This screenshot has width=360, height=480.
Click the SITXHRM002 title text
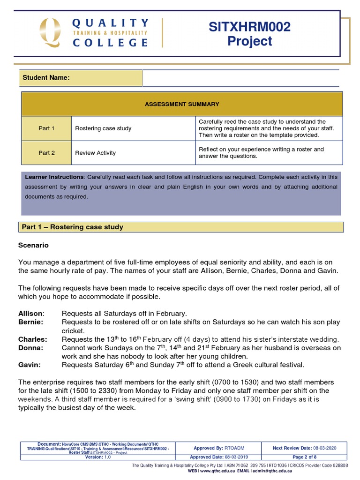click(x=249, y=27)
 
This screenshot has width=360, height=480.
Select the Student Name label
click(x=46, y=78)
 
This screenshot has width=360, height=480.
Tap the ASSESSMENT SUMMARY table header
click(x=181, y=104)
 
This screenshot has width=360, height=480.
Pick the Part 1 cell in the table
click(x=46, y=128)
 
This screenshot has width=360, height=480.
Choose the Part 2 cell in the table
click(x=46, y=153)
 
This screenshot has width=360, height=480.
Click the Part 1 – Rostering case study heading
click(x=73, y=227)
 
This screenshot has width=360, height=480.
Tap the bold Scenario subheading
click(x=33, y=245)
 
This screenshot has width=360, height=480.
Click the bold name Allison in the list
click(x=31, y=313)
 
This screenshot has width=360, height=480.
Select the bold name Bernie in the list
click(x=30, y=322)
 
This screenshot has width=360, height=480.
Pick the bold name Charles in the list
click(x=32, y=339)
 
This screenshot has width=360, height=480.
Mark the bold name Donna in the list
click(x=30, y=348)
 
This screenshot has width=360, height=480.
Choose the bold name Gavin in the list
click(x=30, y=365)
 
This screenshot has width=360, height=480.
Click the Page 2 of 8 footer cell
click(x=304, y=457)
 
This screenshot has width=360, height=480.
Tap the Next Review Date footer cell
click(x=304, y=448)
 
